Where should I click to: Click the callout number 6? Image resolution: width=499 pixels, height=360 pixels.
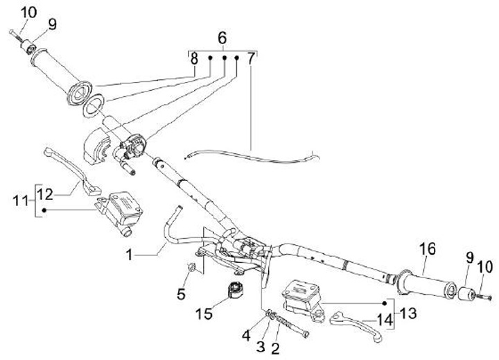coord(222,38)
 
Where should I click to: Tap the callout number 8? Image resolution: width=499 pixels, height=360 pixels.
coord(195,60)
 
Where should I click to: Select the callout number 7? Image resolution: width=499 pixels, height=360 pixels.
coord(251,60)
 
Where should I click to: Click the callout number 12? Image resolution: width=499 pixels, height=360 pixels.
coord(44,193)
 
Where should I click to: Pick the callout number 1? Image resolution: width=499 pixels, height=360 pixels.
coord(129,255)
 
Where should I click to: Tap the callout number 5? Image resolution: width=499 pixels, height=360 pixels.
coord(181,293)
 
